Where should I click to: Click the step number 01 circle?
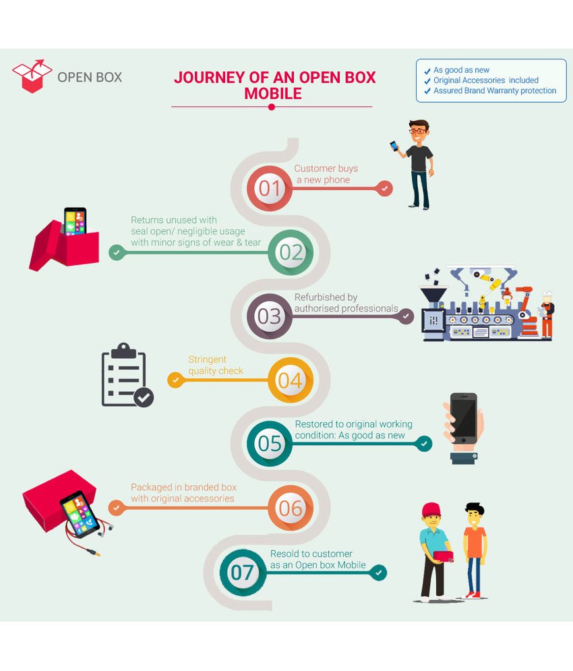(x=270, y=188)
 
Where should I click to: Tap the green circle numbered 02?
(x=291, y=252)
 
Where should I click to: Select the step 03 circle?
(x=269, y=316)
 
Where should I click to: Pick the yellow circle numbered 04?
(x=290, y=380)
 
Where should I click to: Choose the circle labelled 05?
(x=270, y=443)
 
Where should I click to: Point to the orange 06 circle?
(x=291, y=507)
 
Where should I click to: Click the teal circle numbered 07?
(x=242, y=573)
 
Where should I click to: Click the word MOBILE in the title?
(x=272, y=94)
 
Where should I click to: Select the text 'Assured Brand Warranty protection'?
(x=495, y=90)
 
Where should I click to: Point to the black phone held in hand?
(x=464, y=417)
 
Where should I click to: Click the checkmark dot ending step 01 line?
(x=384, y=188)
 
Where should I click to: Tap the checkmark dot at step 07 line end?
(x=379, y=573)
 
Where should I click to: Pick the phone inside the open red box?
(x=75, y=221)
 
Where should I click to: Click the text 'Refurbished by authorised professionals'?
(x=346, y=303)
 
